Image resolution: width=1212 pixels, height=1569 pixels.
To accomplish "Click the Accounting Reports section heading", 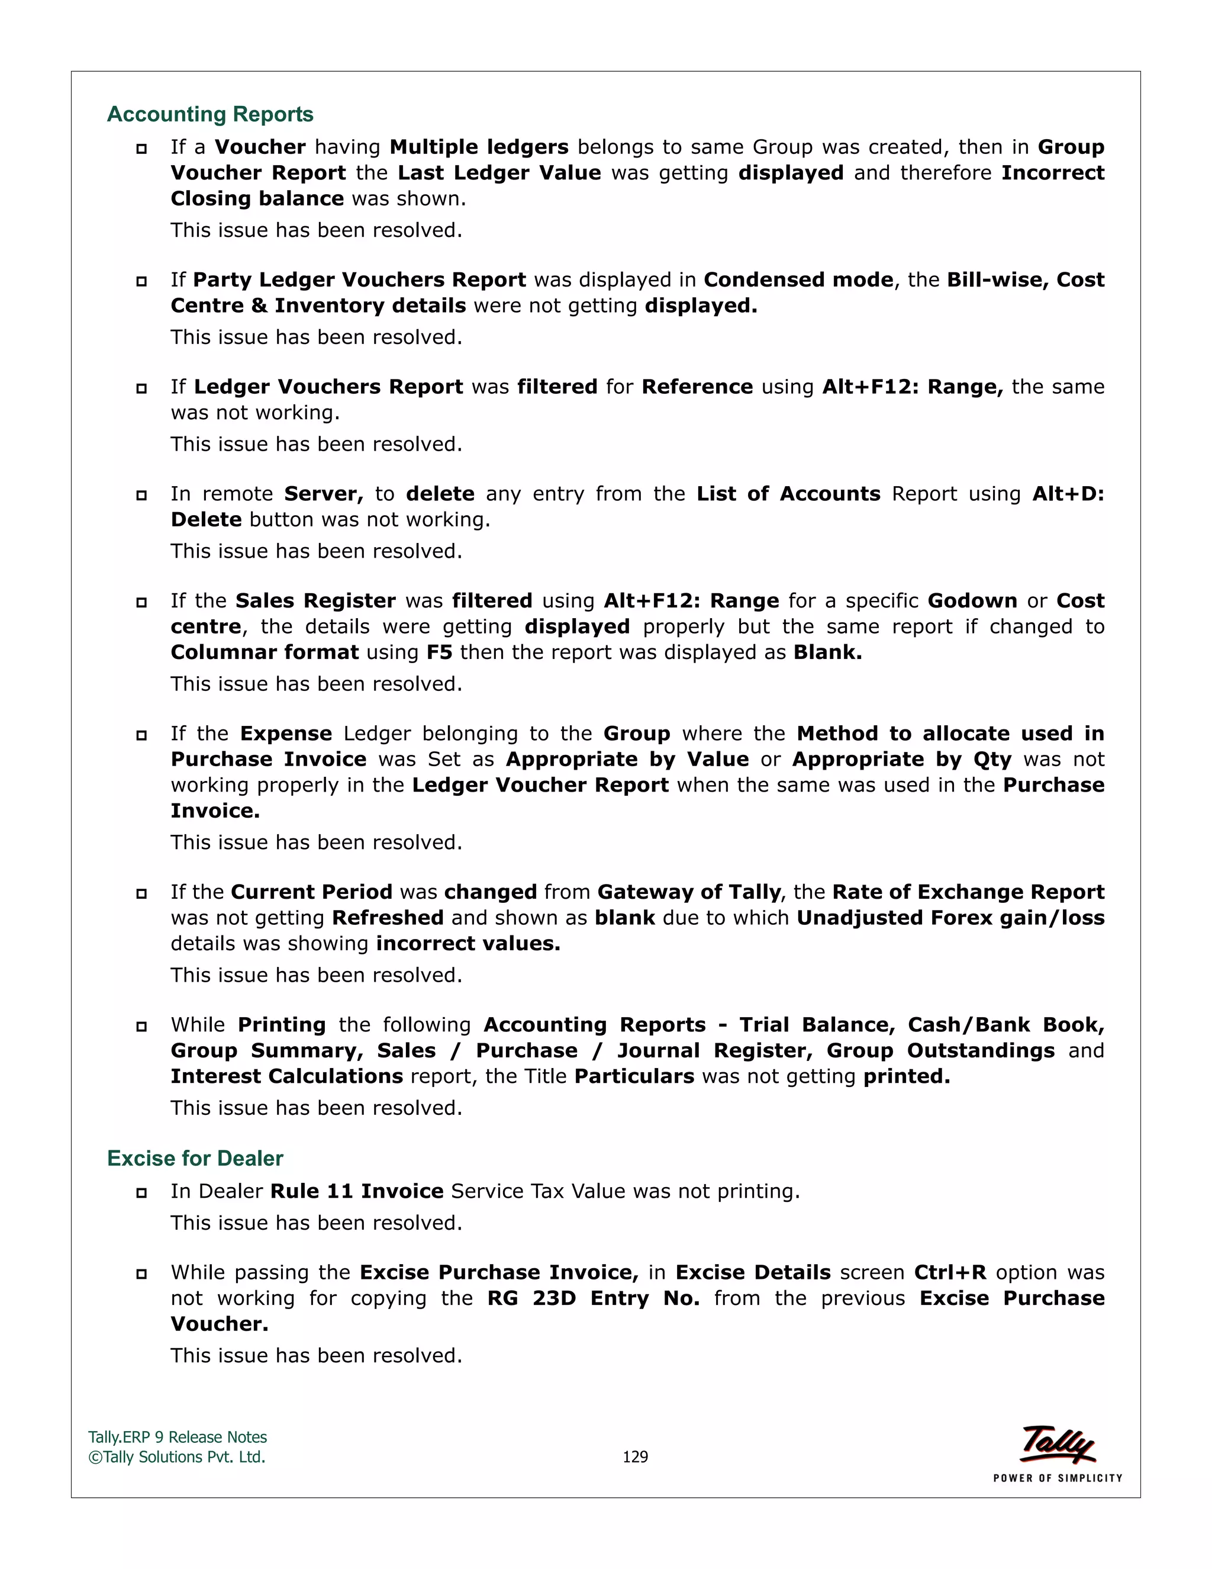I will click(209, 114).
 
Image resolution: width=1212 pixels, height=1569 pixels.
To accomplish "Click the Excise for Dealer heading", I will click(195, 1158).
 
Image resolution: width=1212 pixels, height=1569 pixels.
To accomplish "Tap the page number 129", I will click(635, 1457).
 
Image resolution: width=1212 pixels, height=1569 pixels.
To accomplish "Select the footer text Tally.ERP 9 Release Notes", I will click(178, 1438).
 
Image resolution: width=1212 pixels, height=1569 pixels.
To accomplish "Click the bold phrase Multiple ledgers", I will click(479, 147).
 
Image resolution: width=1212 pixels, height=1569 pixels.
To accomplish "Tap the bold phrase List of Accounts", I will click(788, 494).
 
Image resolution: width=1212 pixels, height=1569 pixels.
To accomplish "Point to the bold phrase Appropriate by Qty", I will click(902, 760).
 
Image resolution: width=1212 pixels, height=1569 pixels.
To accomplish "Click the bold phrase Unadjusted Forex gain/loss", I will click(950, 918).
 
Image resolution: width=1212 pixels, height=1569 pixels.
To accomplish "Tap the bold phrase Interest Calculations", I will click(286, 1076).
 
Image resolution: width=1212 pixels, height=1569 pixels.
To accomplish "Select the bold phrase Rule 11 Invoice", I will click(357, 1191).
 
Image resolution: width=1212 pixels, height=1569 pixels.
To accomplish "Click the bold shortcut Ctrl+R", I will click(950, 1272).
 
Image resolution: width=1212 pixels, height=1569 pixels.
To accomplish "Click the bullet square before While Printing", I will click(141, 1027).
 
